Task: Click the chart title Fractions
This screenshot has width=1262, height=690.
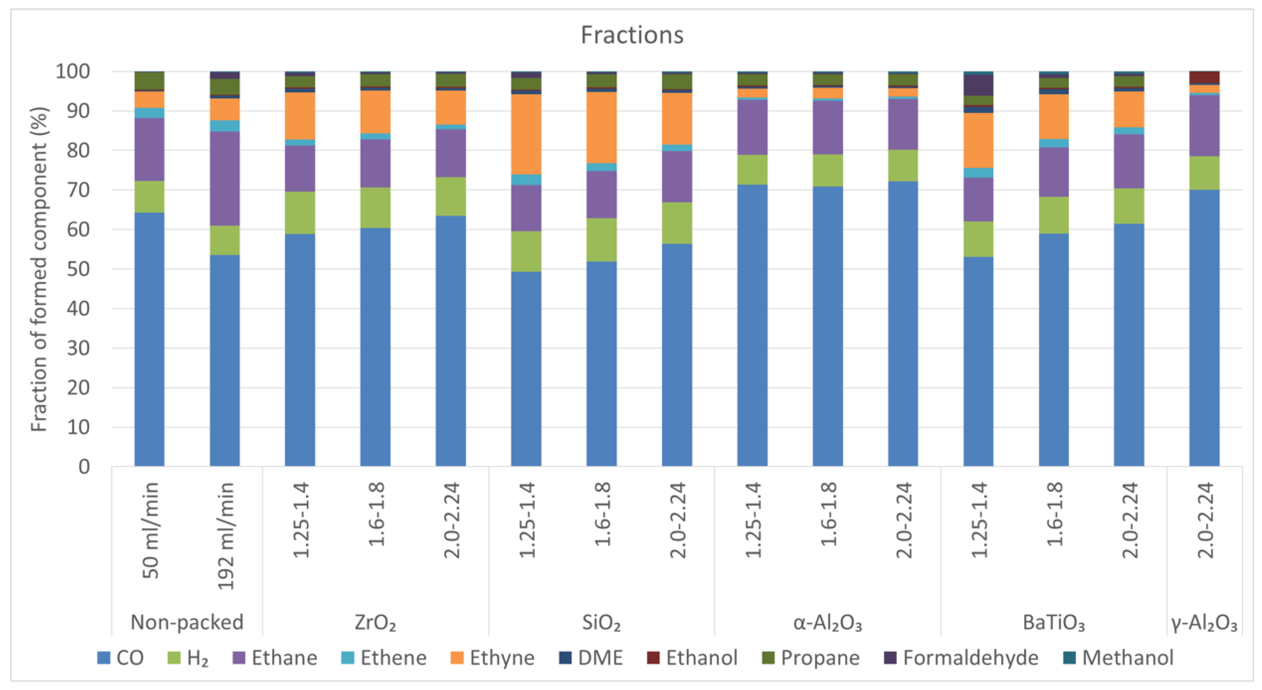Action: click(x=632, y=35)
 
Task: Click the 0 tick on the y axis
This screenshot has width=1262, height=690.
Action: click(x=84, y=467)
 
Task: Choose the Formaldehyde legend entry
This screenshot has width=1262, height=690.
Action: click(x=960, y=658)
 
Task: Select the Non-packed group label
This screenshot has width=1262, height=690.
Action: click(x=187, y=622)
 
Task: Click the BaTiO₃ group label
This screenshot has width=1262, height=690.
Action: click(x=1053, y=622)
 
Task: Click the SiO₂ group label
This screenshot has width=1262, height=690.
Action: click(x=601, y=622)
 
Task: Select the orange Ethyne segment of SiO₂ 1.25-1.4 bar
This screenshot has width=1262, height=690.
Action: click(x=526, y=134)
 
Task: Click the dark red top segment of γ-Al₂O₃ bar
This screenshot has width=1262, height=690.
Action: click(x=1204, y=77)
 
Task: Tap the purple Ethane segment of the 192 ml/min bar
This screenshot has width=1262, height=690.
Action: click(x=225, y=178)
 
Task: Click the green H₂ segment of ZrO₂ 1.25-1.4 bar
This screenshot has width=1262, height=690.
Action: click(x=300, y=213)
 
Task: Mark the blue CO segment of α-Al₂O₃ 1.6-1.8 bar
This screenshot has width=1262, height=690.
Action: click(x=827, y=326)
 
